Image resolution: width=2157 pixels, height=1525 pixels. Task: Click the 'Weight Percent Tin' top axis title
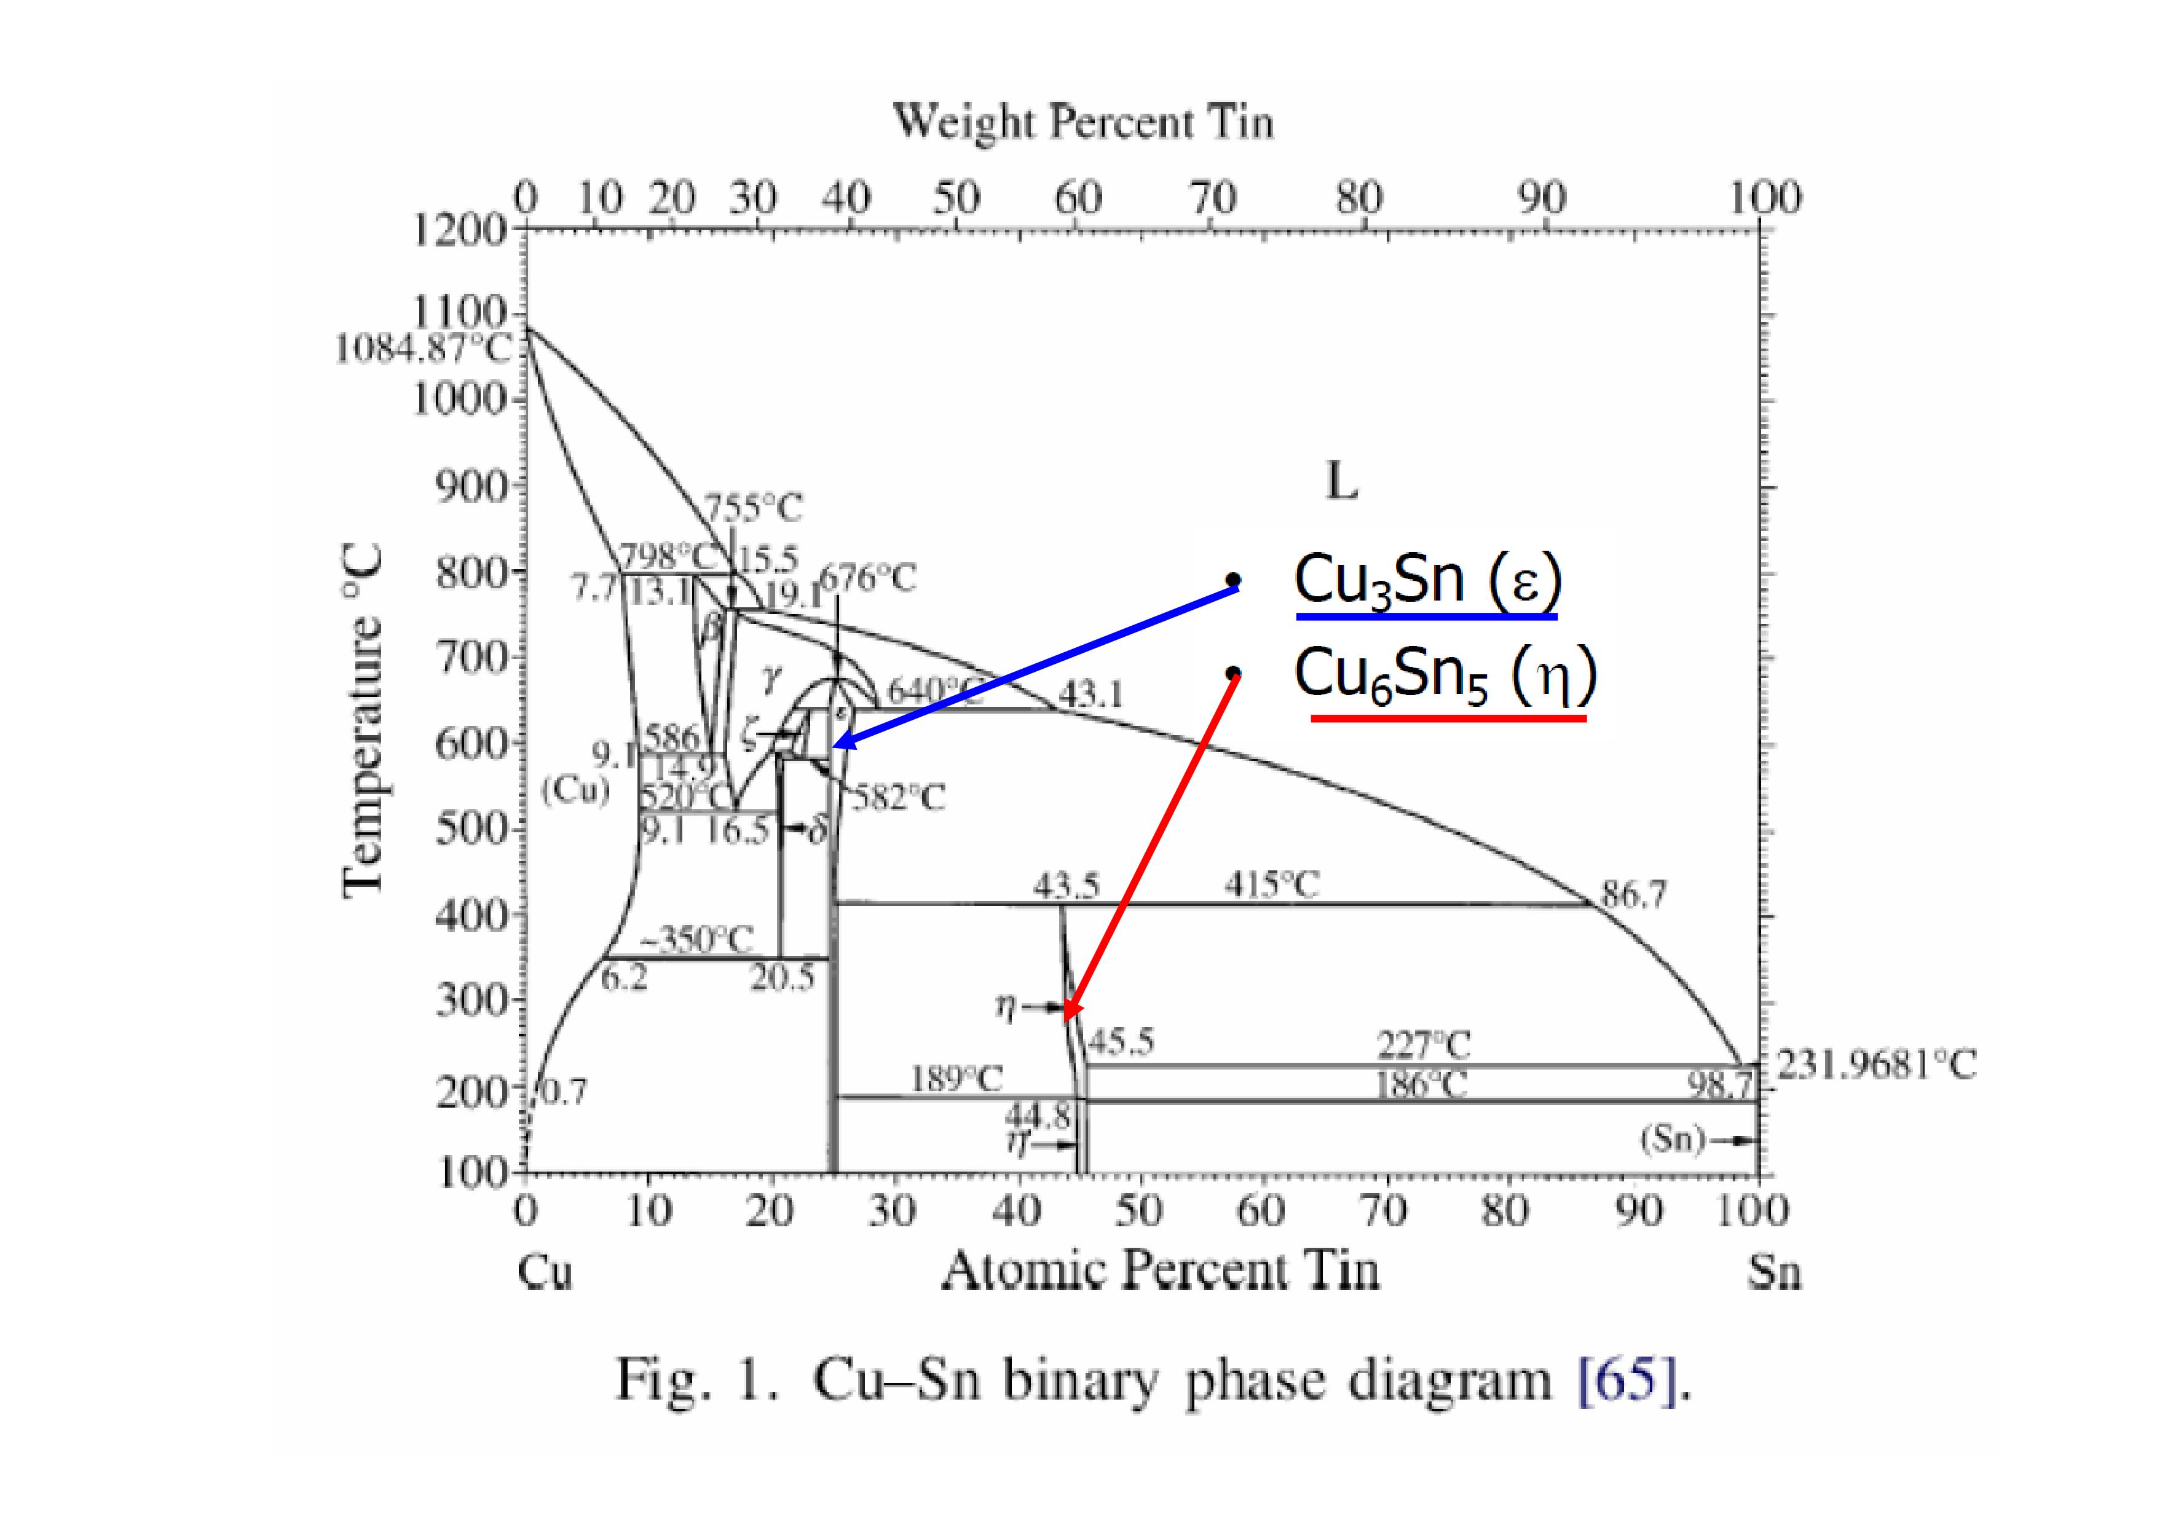[1082, 123]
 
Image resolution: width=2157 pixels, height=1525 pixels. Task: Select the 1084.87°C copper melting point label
[424, 350]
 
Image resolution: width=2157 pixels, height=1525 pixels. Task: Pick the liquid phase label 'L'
[1341, 482]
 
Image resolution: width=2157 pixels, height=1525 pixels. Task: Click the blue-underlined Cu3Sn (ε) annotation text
[1427, 581]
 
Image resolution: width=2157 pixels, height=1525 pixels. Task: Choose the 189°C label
[956, 1079]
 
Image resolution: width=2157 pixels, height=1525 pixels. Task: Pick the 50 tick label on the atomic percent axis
[1140, 1211]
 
